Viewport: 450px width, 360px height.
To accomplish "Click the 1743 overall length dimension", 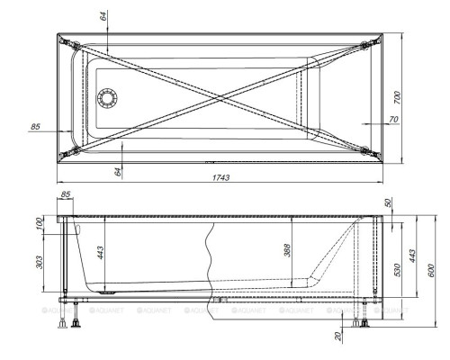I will (x=220, y=177).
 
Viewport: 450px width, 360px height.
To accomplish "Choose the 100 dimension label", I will (x=40, y=223).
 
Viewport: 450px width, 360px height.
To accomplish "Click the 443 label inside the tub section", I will (x=101, y=255).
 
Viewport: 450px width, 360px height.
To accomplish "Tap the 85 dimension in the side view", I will (x=66, y=195).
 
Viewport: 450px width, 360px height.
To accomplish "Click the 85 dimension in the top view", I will (x=36, y=127).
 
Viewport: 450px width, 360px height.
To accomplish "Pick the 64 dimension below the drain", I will (x=117, y=169).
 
